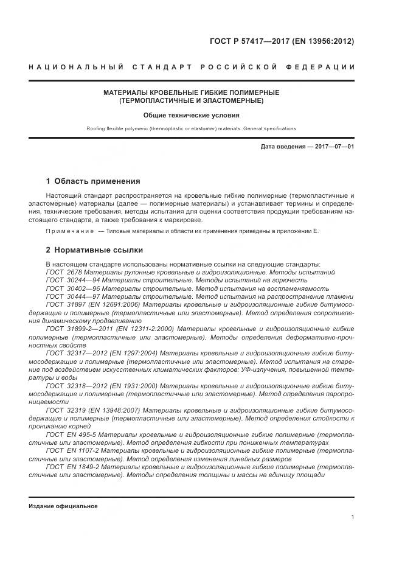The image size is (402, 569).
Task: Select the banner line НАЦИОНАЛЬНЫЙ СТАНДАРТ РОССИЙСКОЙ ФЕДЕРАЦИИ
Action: click(192, 66)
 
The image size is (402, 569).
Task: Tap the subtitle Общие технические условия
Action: click(192, 114)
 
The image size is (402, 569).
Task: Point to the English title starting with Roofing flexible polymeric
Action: click(192, 128)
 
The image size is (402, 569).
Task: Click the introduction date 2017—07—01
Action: click(333, 147)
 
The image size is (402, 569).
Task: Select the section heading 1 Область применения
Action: click(93, 181)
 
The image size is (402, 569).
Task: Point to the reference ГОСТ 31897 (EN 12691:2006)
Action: click(93, 304)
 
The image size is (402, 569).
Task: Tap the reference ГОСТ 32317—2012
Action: click(73, 352)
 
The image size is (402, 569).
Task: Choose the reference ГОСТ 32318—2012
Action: click(73, 385)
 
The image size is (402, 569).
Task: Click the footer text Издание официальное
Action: click(63, 506)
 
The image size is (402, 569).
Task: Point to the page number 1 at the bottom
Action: click(353, 517)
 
